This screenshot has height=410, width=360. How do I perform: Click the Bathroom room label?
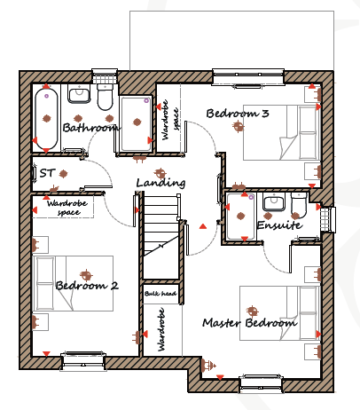(x=91, y=128)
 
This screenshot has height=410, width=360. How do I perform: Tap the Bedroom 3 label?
(x=238, y=114)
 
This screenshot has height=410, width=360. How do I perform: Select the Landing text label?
(x=160, y=183)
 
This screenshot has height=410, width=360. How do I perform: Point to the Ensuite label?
(x=279, y=225)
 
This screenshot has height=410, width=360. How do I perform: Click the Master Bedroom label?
(x=249, y=322)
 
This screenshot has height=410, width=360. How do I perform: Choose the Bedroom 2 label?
(x=87, y=286)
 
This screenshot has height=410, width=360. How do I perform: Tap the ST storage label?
(x=47, y=173)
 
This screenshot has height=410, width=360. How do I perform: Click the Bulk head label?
(x=160, y=294)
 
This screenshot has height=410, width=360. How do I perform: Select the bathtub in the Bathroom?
(x=46, y=119)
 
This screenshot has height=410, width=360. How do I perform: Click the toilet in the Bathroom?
(x=105, y=97)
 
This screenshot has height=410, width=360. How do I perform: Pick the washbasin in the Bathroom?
(x=79, y=93)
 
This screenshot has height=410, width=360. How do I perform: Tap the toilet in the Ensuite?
(x=299, y=204)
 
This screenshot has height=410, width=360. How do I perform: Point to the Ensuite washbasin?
(x=274, y=201)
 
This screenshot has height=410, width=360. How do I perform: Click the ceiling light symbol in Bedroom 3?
(x=239, y=127)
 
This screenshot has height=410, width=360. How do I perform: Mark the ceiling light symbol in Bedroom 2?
(x=86, y=275)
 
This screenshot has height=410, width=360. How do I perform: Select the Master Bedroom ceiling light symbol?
(x=252, y=311)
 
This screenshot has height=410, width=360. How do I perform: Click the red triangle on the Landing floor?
(x=203, y=226)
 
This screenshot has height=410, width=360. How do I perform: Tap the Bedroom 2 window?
(x=83, y=361)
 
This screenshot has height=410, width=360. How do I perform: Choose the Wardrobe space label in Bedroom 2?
(x=67, y=208)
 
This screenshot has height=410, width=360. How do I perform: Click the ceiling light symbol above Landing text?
(x=160, y=173)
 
